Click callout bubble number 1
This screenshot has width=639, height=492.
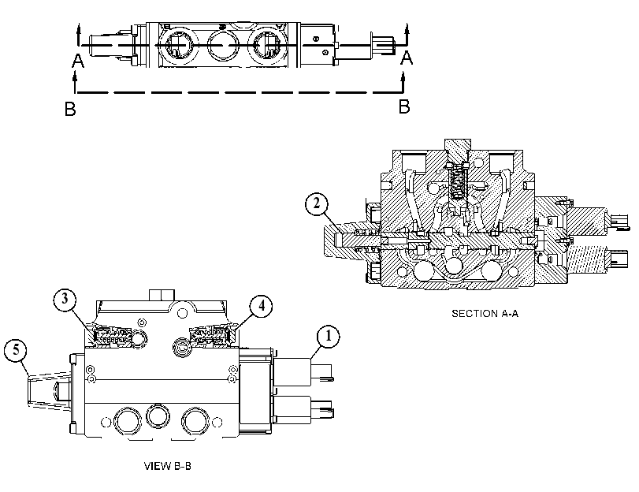328,337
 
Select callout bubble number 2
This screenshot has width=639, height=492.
317,204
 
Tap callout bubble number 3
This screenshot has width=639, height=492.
65,299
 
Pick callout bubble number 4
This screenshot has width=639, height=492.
262,306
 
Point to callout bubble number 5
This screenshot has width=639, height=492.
16,350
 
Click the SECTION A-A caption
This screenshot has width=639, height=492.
485,313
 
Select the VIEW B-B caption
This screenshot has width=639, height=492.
168,466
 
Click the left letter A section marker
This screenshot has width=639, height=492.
78,61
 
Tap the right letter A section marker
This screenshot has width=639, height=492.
407,58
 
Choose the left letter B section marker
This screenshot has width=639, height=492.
70,109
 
